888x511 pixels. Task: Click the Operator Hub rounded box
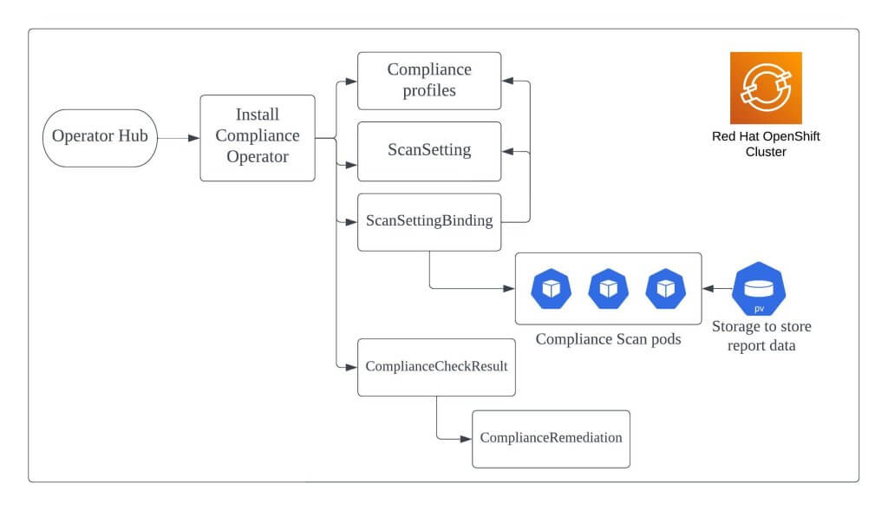pos(100,138)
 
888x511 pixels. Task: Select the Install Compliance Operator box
pos(258,138)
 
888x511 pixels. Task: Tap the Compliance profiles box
pos(429,81)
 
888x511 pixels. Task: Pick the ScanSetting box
pos(429,151)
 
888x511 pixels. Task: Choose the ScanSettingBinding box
pos(429,222)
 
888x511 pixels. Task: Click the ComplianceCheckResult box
pos(437,367)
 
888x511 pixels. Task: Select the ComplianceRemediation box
pos(551,439)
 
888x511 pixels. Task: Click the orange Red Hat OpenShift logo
pos(766,88)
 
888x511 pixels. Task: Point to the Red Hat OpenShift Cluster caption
pos(766,144)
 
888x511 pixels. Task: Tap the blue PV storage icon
pos(759,289)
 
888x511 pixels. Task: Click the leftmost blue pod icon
pos(551,289)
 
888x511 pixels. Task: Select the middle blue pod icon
pos(608,289)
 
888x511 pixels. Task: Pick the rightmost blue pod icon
pos(665,289)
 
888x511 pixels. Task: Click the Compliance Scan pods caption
pos(608,338)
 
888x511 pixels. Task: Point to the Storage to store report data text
pos(761,336)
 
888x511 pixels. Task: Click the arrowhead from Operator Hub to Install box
pos(193,138)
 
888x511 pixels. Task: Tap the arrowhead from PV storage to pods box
pos(708,288)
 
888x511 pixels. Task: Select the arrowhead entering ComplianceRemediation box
pos(466,438)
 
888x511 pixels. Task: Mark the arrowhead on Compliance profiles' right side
pos(508,81)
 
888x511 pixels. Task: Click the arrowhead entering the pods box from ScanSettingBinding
pos(509,288)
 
